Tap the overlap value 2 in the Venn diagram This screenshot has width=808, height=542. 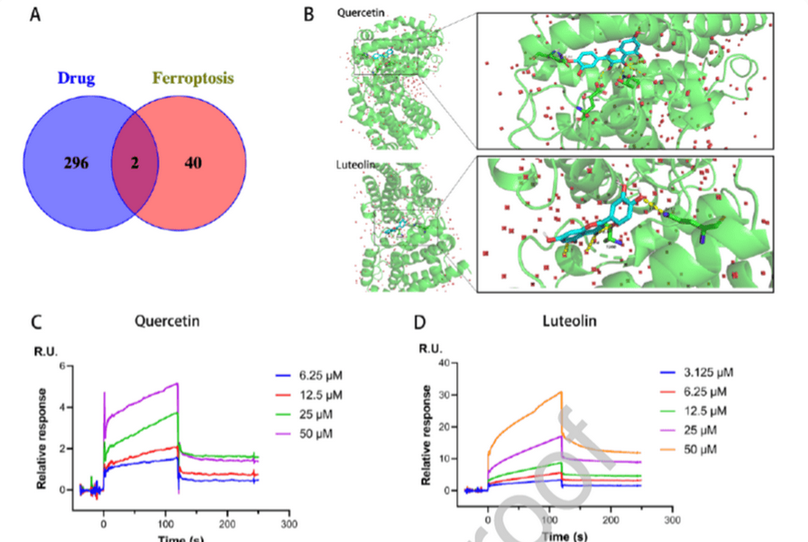[133, 162]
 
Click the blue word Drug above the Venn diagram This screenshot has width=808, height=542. [77, 79]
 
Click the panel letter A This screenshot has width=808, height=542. [33, 15]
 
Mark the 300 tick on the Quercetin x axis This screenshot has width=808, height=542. [289, 523]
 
